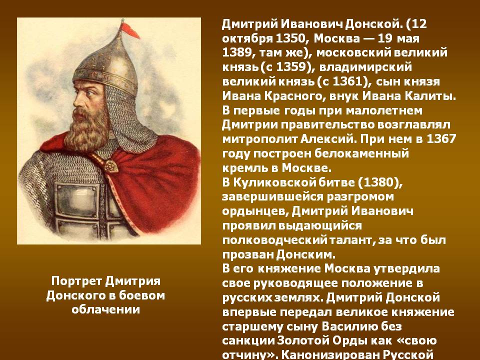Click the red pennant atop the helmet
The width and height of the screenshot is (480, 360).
pos(129,30)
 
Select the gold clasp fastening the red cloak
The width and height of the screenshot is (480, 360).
pos(111,165)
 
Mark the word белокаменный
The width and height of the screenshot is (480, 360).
pos(361,153)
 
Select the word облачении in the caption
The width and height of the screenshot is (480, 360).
pos(105,309)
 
